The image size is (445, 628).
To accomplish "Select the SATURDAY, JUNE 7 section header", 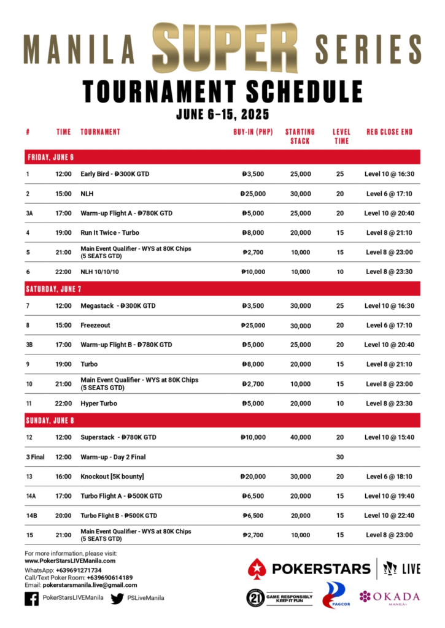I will tap(55, 289).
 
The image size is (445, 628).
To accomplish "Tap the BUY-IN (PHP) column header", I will tap(253, 132).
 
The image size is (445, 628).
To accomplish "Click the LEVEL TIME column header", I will tap(341, 136).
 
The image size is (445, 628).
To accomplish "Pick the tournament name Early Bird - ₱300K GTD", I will tap(115, 174).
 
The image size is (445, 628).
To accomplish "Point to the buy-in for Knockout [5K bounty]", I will tap(253, 477).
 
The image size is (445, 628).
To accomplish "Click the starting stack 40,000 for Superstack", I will tap(300, 437).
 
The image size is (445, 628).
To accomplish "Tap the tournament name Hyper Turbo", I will tap(98, 404).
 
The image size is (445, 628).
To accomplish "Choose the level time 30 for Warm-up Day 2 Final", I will tap(340, 457).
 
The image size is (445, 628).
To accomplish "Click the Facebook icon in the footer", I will tap(32, 598).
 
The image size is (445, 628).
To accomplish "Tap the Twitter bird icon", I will tap(117, 598).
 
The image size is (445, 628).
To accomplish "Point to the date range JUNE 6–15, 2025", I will tap(223, 114).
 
